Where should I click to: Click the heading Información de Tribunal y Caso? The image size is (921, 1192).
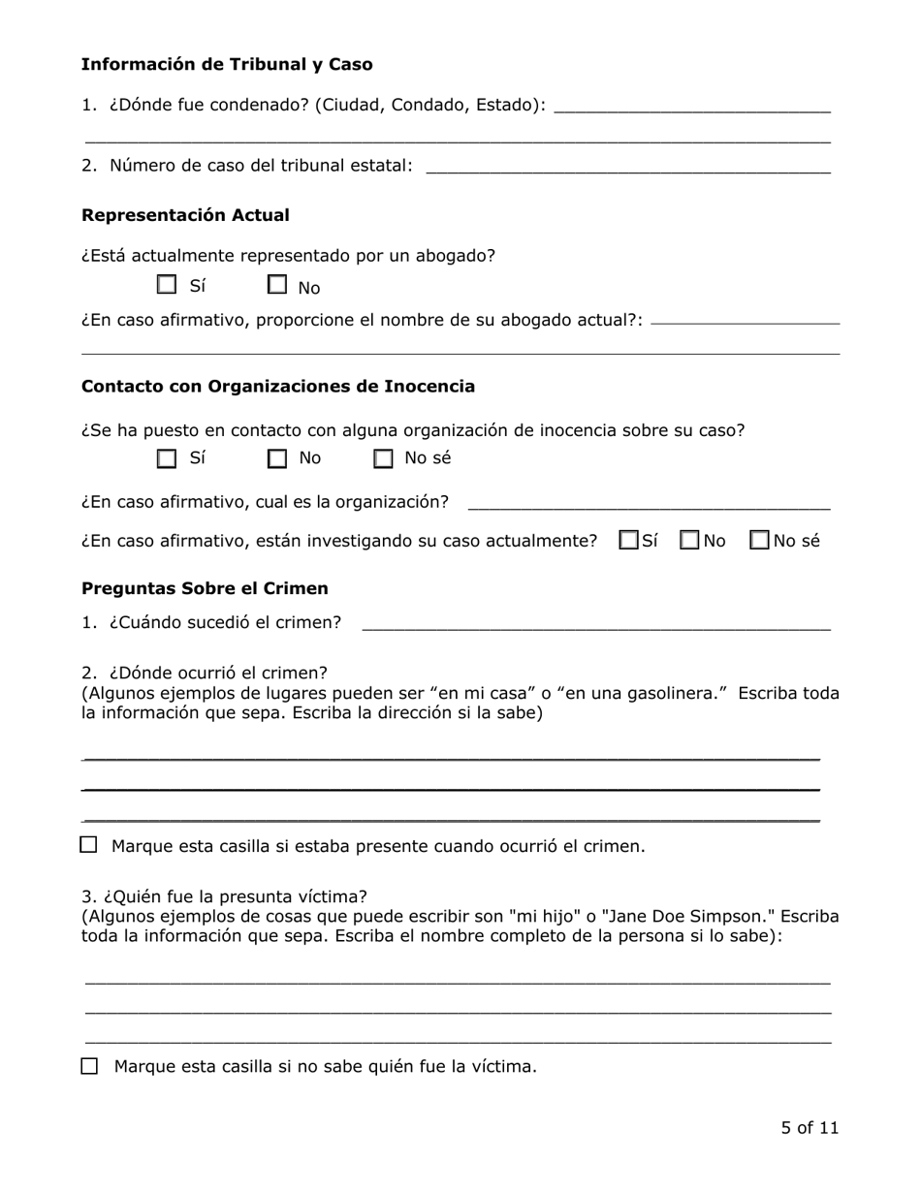tap(227, 65)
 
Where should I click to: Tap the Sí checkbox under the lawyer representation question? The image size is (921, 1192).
tap(168, 285)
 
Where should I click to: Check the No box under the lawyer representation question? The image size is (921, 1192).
tap(278, 285)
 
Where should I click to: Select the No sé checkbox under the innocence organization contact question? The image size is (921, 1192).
tap(384, 458)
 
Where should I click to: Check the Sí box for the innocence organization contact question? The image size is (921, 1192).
tap(168, 458)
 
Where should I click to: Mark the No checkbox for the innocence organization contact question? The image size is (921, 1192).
tap(278, 458)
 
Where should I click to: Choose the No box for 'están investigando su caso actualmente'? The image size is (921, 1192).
tap(690, 540)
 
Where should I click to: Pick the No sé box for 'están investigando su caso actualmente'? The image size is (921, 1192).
tap(761, 540)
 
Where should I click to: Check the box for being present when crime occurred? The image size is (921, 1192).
tap(89, 845)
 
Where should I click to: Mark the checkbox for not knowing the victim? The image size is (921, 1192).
tap(90, 1066)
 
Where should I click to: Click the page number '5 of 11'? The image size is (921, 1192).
tap(810, 1128)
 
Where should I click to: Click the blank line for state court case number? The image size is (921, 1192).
tap(627, 167)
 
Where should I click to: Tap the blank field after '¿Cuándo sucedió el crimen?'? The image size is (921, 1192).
tap(596, 623)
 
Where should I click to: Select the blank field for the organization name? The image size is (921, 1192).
tap(649, 502)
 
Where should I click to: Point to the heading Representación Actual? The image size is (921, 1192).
tap(185, 215)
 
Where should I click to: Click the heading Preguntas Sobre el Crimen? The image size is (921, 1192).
tap(205, 588)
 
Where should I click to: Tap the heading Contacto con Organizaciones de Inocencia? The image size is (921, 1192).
tap(278, 387)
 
